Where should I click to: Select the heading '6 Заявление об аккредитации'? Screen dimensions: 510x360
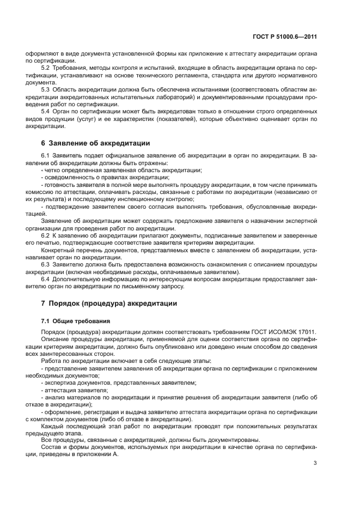click(95, 144)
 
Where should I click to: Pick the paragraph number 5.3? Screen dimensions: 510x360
click(45, 89)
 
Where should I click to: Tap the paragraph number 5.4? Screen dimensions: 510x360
click(45, 111)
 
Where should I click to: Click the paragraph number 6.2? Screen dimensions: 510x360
click(45, 235)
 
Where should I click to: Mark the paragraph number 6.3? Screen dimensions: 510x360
click(45, 264)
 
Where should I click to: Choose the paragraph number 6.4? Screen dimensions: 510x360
click(45, 279)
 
